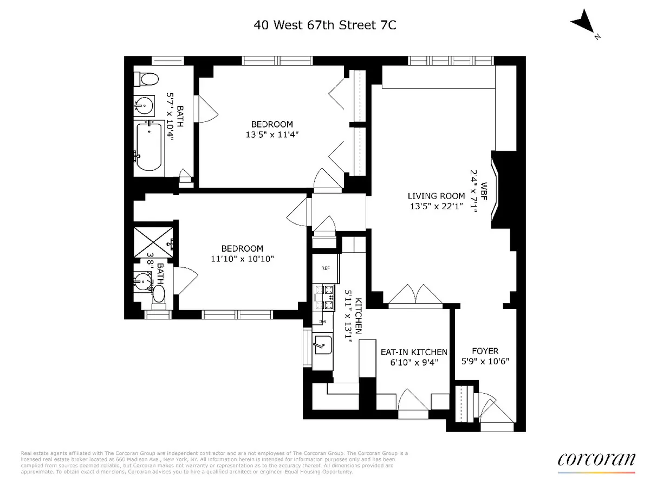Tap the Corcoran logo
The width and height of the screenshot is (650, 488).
coord(596,459)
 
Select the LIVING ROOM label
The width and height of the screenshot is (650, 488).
coord(437,196)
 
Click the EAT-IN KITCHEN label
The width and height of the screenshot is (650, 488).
coord(413,352)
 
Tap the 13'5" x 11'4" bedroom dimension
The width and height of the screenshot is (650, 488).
coord(271,133)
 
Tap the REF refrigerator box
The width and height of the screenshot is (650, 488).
coord(326,268)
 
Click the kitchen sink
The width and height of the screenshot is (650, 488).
coord(324,344)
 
